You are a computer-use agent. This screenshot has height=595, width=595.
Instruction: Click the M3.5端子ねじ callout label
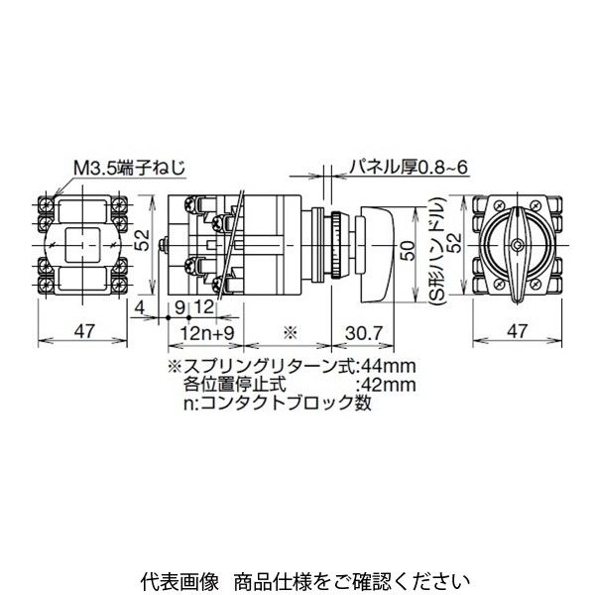click(129, 169)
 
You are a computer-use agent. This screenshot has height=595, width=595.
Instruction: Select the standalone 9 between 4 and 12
click(181, 306)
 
